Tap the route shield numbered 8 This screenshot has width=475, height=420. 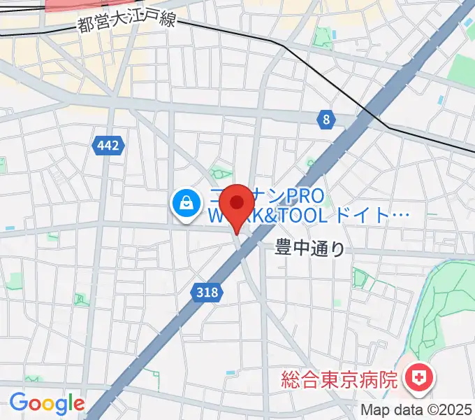[x=326, y=120]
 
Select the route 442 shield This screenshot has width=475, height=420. [x=108, y=146]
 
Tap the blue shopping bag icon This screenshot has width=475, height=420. [x=187, y=204]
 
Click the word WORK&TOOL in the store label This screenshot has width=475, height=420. [x=266, y=216]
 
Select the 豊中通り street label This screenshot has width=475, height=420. [x=310, y=248]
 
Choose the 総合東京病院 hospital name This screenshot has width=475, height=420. [x=339, y=380]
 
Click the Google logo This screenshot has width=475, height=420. [x=47, y=403]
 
